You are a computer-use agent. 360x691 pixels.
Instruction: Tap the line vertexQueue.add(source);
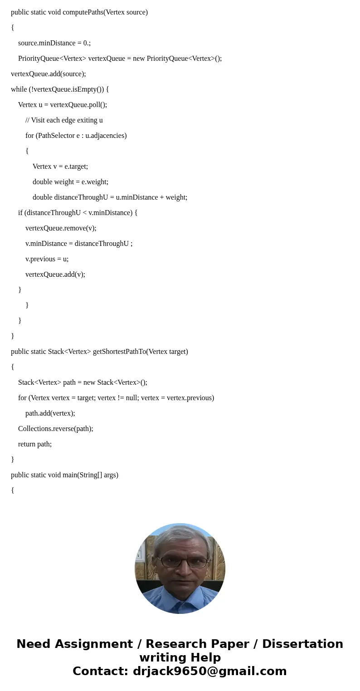[x=49, y=74]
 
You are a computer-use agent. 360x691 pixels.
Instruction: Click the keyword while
[x=19, y=89]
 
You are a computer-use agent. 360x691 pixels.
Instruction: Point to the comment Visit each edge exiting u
[x=67, y=120]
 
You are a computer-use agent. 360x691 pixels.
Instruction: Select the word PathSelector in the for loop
[x=56, y=136]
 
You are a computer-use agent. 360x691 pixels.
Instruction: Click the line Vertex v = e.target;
[x=60, y=167]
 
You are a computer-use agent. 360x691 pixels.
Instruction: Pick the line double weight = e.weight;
[x=70, y=182]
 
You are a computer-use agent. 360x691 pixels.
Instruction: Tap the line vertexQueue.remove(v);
[x=61, y=228]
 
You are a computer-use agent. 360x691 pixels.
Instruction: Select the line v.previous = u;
[x=47, y=259]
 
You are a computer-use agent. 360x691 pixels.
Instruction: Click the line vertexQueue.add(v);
[x=55, y=274]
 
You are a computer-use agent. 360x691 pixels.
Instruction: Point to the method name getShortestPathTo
[x=118, y=352]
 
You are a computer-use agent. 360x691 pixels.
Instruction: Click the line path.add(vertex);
[x=50, y=413]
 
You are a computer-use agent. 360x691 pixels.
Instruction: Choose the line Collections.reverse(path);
[x=56, y=429]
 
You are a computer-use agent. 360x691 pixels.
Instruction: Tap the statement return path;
[x=35, y=444]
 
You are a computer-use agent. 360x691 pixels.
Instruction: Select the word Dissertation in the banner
[x=302, y=644]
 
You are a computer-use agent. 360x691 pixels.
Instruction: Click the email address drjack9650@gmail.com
[x=209, y=671]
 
